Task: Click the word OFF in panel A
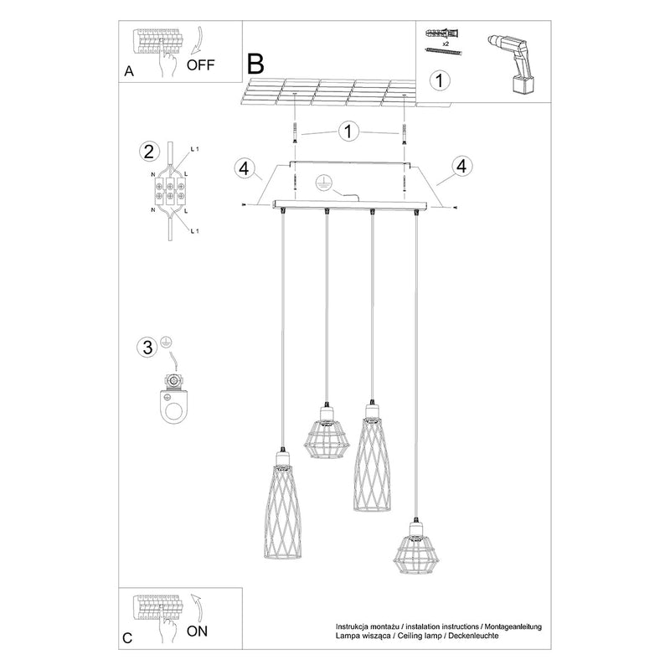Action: [x=201, y=64]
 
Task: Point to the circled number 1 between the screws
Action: [x=349, y=132]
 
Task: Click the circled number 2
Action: [x=147, y=152]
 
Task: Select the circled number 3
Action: [x=147, y=348]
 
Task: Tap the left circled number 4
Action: [x=243, y=167]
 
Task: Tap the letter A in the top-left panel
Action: [x=128, y=71]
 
